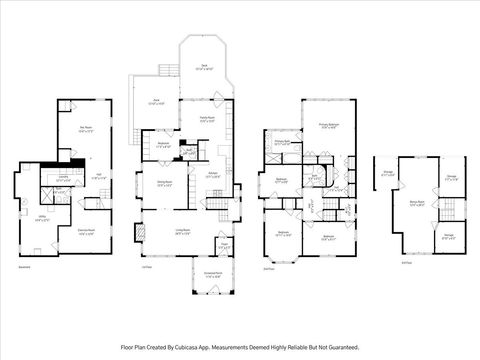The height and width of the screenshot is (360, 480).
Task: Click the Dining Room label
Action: point(165,183)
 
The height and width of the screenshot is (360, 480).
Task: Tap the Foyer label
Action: point(224,243)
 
